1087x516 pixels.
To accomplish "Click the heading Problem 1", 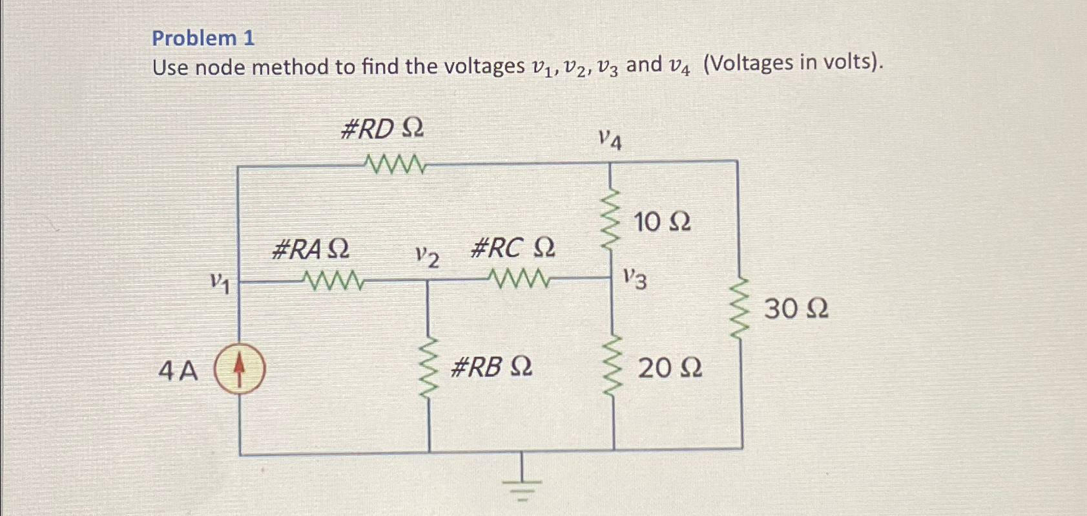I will tap(203, 38).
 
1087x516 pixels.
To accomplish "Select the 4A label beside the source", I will tap(178, 371).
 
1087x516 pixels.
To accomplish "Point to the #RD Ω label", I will tap(382, 130).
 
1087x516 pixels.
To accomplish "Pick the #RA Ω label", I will tap(311, 249).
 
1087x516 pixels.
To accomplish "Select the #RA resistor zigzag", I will tap(333, 281).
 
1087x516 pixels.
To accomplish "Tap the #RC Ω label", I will tap(513, 248).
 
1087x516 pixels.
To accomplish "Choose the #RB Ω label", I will tap(492, 367).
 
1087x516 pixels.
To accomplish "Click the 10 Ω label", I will tap(662, 222).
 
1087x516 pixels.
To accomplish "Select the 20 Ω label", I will tap(670, 369).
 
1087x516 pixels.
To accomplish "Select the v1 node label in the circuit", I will tap(220, 283).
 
